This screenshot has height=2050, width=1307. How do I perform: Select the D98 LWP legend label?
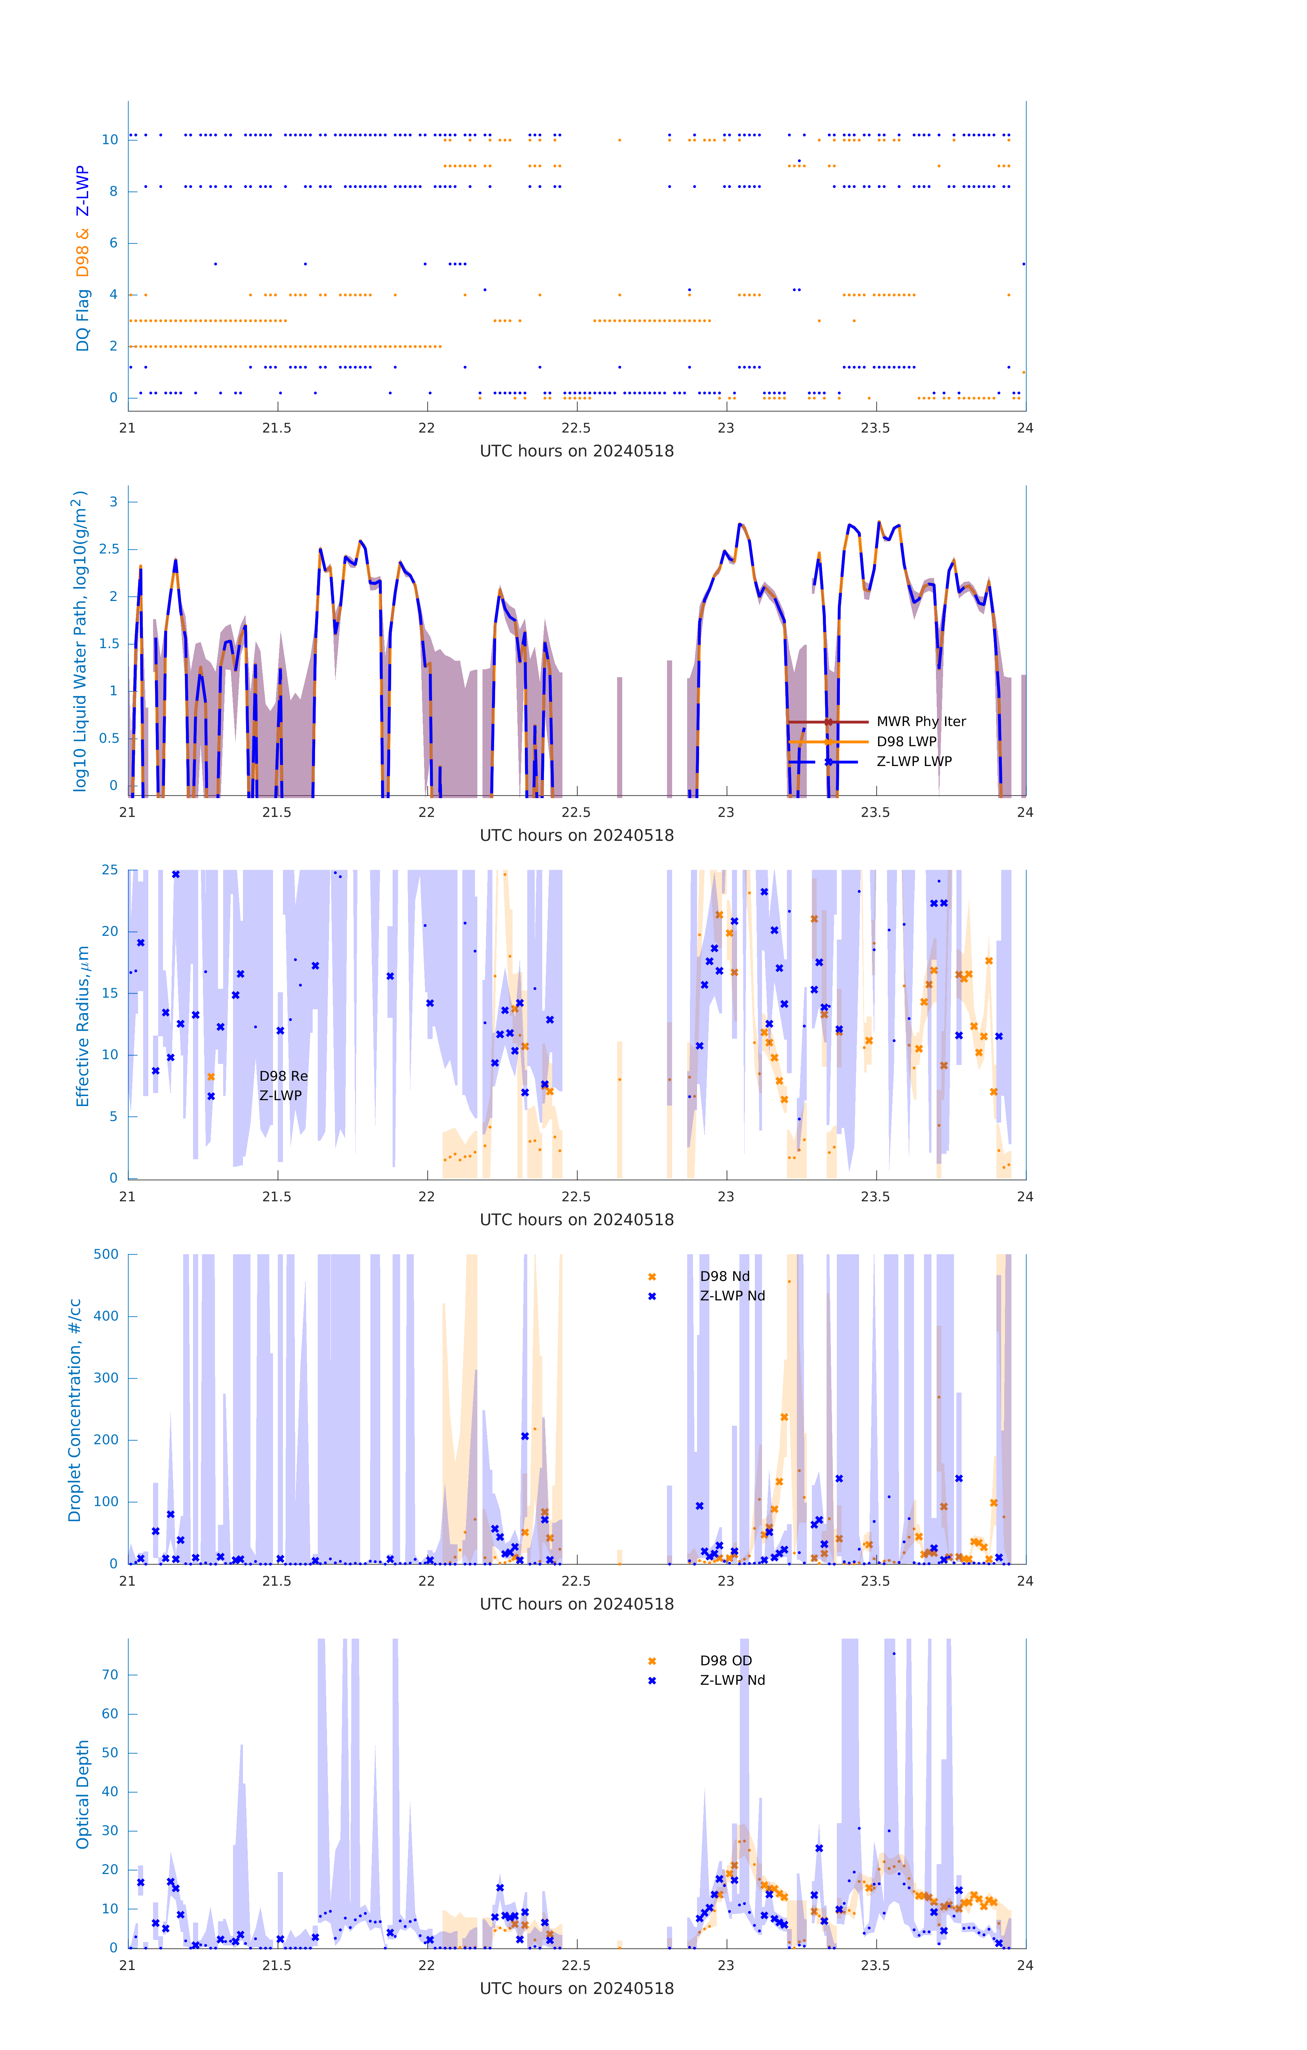point(906,741)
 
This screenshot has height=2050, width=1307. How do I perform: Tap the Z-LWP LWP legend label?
point(914,761)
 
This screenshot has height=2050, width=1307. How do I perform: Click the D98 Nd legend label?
point(725,1276)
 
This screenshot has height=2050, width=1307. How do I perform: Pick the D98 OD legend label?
point(725,1660)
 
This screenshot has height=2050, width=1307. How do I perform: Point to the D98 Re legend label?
point(284,1076)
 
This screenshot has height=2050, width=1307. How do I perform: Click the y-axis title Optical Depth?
point(83,1794)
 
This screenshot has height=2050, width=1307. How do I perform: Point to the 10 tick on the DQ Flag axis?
point(110,140)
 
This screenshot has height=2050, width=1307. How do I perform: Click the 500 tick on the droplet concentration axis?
point(106,1254)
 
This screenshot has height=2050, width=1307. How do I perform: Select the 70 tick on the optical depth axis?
point(110,1675)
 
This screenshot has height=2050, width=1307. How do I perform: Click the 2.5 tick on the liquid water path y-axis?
point(108,549)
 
